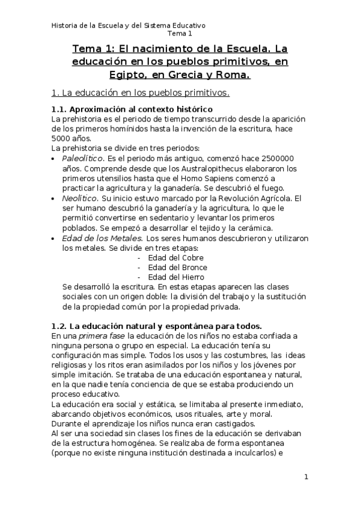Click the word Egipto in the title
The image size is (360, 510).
coord(131,75)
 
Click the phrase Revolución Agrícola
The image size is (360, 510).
coord(253,198)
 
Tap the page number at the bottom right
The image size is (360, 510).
coord(306,478)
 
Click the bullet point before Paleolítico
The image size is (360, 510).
coord(55,158)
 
